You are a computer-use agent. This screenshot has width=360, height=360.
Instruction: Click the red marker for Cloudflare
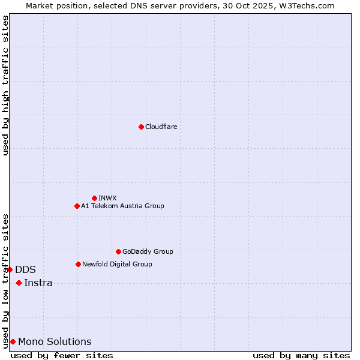tap(141, 127)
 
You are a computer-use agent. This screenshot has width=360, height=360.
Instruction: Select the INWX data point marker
tap(94, 198)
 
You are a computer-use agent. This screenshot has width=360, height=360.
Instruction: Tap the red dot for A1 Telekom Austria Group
tap(77, 206)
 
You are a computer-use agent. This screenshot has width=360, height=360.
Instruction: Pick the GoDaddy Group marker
tap(118, 251)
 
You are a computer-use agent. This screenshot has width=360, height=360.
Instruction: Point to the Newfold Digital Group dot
tap(78, 264)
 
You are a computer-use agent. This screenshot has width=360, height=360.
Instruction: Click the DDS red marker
tap(10, 269)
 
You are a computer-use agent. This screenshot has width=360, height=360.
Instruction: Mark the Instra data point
tap(19, 283)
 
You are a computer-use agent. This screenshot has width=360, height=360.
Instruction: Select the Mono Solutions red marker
tap(13, 341)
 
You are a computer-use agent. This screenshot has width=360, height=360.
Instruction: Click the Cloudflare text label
tap(161, 127)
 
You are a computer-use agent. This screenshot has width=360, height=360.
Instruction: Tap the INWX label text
tap(107, 198)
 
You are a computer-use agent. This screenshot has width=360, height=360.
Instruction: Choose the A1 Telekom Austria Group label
tap(122, 206)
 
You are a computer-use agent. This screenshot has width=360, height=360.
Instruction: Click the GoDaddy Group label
tap(148, 251)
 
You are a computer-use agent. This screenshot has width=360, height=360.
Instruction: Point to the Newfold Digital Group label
tap(117, 264)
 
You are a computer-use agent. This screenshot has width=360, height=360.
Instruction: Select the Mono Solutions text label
tap(55, 341)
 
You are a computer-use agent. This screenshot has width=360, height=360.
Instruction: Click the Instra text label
tap(38, 283)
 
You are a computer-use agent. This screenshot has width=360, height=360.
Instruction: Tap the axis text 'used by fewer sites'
tap(62, 355)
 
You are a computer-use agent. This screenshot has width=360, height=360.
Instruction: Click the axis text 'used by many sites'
tap(301, 355)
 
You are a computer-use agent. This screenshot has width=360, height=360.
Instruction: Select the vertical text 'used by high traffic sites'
tap(5, 85)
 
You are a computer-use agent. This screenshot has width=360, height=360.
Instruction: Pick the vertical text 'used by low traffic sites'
tap(5, 280)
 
